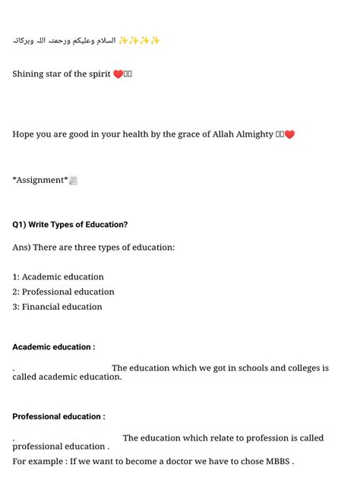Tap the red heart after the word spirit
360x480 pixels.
coord(118,74)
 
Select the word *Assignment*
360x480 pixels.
coord(40,180)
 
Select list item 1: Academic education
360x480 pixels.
coord(58,277)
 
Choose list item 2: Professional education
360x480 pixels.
coord(63,292)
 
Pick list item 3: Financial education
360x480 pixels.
coord(57,307)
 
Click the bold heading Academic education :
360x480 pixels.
coord(53,347)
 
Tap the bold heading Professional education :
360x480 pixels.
coord(58,417)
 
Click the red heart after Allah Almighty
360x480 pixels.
coord(289,135)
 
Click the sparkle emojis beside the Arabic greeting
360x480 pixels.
coord(140,40)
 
